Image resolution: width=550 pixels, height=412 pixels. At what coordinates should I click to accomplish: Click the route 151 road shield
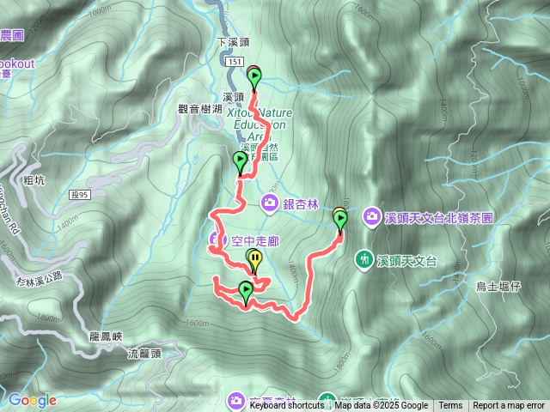coord(235,63)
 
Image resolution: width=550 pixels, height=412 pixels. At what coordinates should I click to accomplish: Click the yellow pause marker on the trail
coord(255,258)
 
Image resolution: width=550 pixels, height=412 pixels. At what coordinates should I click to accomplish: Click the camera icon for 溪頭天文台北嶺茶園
coord(371,215)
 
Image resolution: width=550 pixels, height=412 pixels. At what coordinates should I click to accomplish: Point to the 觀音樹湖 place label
coord(200,108)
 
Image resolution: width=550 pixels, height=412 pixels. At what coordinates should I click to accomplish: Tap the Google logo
coord(33,400)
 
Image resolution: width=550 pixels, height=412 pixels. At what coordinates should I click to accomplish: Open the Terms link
coord(450,406)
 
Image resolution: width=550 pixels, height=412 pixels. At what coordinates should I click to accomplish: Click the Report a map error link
coord(509,406)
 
